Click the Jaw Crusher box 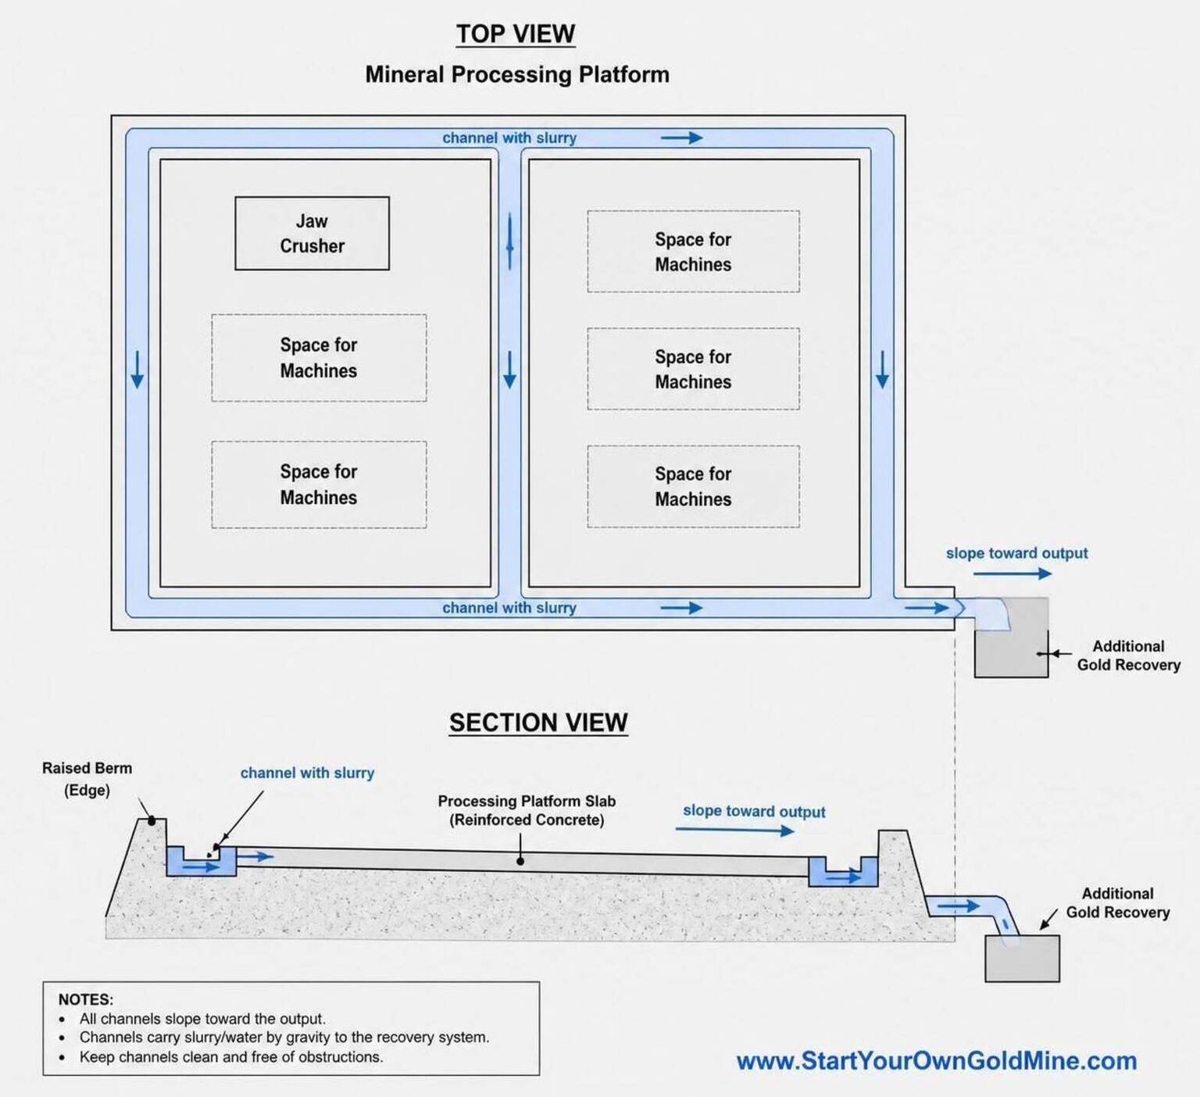pos(312,234)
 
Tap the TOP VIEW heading pos(516,34)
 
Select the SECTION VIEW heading pos(538,723)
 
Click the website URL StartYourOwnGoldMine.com pos(937,1061)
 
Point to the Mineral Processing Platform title pos(517,74)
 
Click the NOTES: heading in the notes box pos(86,999)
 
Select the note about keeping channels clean pos(231,1057)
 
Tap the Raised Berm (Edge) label pos(87,779)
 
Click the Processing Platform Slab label pos(527,810)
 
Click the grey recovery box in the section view pos(1022,958)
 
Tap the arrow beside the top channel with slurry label pos(681,138)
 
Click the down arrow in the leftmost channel pos(137,370)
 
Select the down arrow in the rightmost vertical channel pos(882,370)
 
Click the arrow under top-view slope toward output pos(1012,574)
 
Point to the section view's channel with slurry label pos(307,773)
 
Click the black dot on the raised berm pos(152,820)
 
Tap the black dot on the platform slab pos(520,861)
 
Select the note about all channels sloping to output pos(202,1019)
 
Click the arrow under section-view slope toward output pos(735,830)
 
